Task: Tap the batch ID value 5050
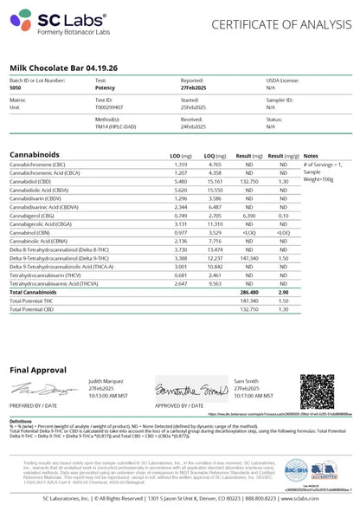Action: click(x=16, y=87)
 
